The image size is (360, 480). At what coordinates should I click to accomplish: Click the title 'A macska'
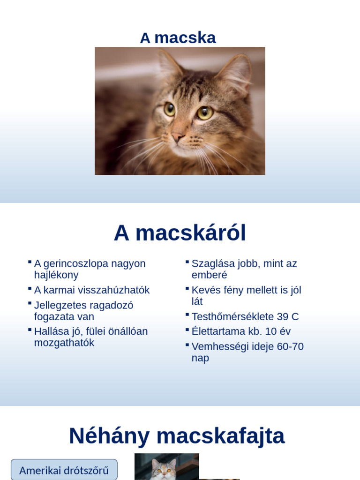pyautogui.click(x=178, y=38)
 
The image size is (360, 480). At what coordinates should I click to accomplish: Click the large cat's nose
pyautogui.click(x=178, y=137)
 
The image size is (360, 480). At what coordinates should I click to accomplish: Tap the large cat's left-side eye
pyautogui.click(x=169, y=109)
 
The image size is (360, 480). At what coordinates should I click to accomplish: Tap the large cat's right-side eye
pyautogui.click(x=205, y=112)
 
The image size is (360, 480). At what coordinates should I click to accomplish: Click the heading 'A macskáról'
pyautogui.click(x=180, y=233)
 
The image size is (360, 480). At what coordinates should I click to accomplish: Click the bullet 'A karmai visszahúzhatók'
pyautogui.click(x=92, y=290)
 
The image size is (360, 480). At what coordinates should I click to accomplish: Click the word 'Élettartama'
pyautogui.click(x=220, y=331)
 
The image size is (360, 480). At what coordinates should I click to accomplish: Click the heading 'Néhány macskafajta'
pyautogui.click(x=177, y=436)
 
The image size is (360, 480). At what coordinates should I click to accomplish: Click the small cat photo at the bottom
pyautogui.click(x=166, y=467)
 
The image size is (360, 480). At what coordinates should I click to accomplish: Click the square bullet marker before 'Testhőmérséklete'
pyautogui.click(x=187, y=315)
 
